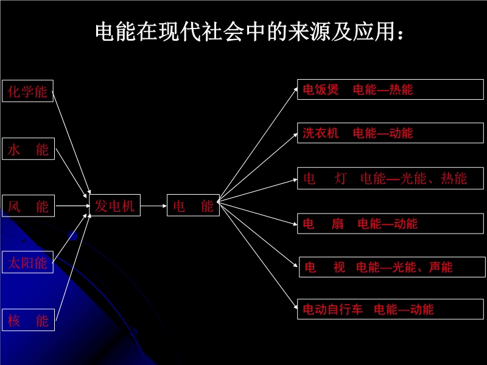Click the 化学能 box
tap(28, 91)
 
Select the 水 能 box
tap(28, 149)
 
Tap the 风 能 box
tap(28, 206)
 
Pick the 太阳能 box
tap(28, 263)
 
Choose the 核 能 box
tap(28, 320)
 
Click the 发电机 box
tap(114, 206)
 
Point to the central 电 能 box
tap(193, 206)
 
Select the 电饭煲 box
tap(390, 89)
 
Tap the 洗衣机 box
tap(390, 133)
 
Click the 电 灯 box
tap(390, 178)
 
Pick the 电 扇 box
tap(390, 224)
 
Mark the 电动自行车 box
tap(390, 309)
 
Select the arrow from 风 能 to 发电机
tap(71, 206)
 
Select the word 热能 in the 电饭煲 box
tap(401, 90)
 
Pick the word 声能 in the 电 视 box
tap(441, 267)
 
